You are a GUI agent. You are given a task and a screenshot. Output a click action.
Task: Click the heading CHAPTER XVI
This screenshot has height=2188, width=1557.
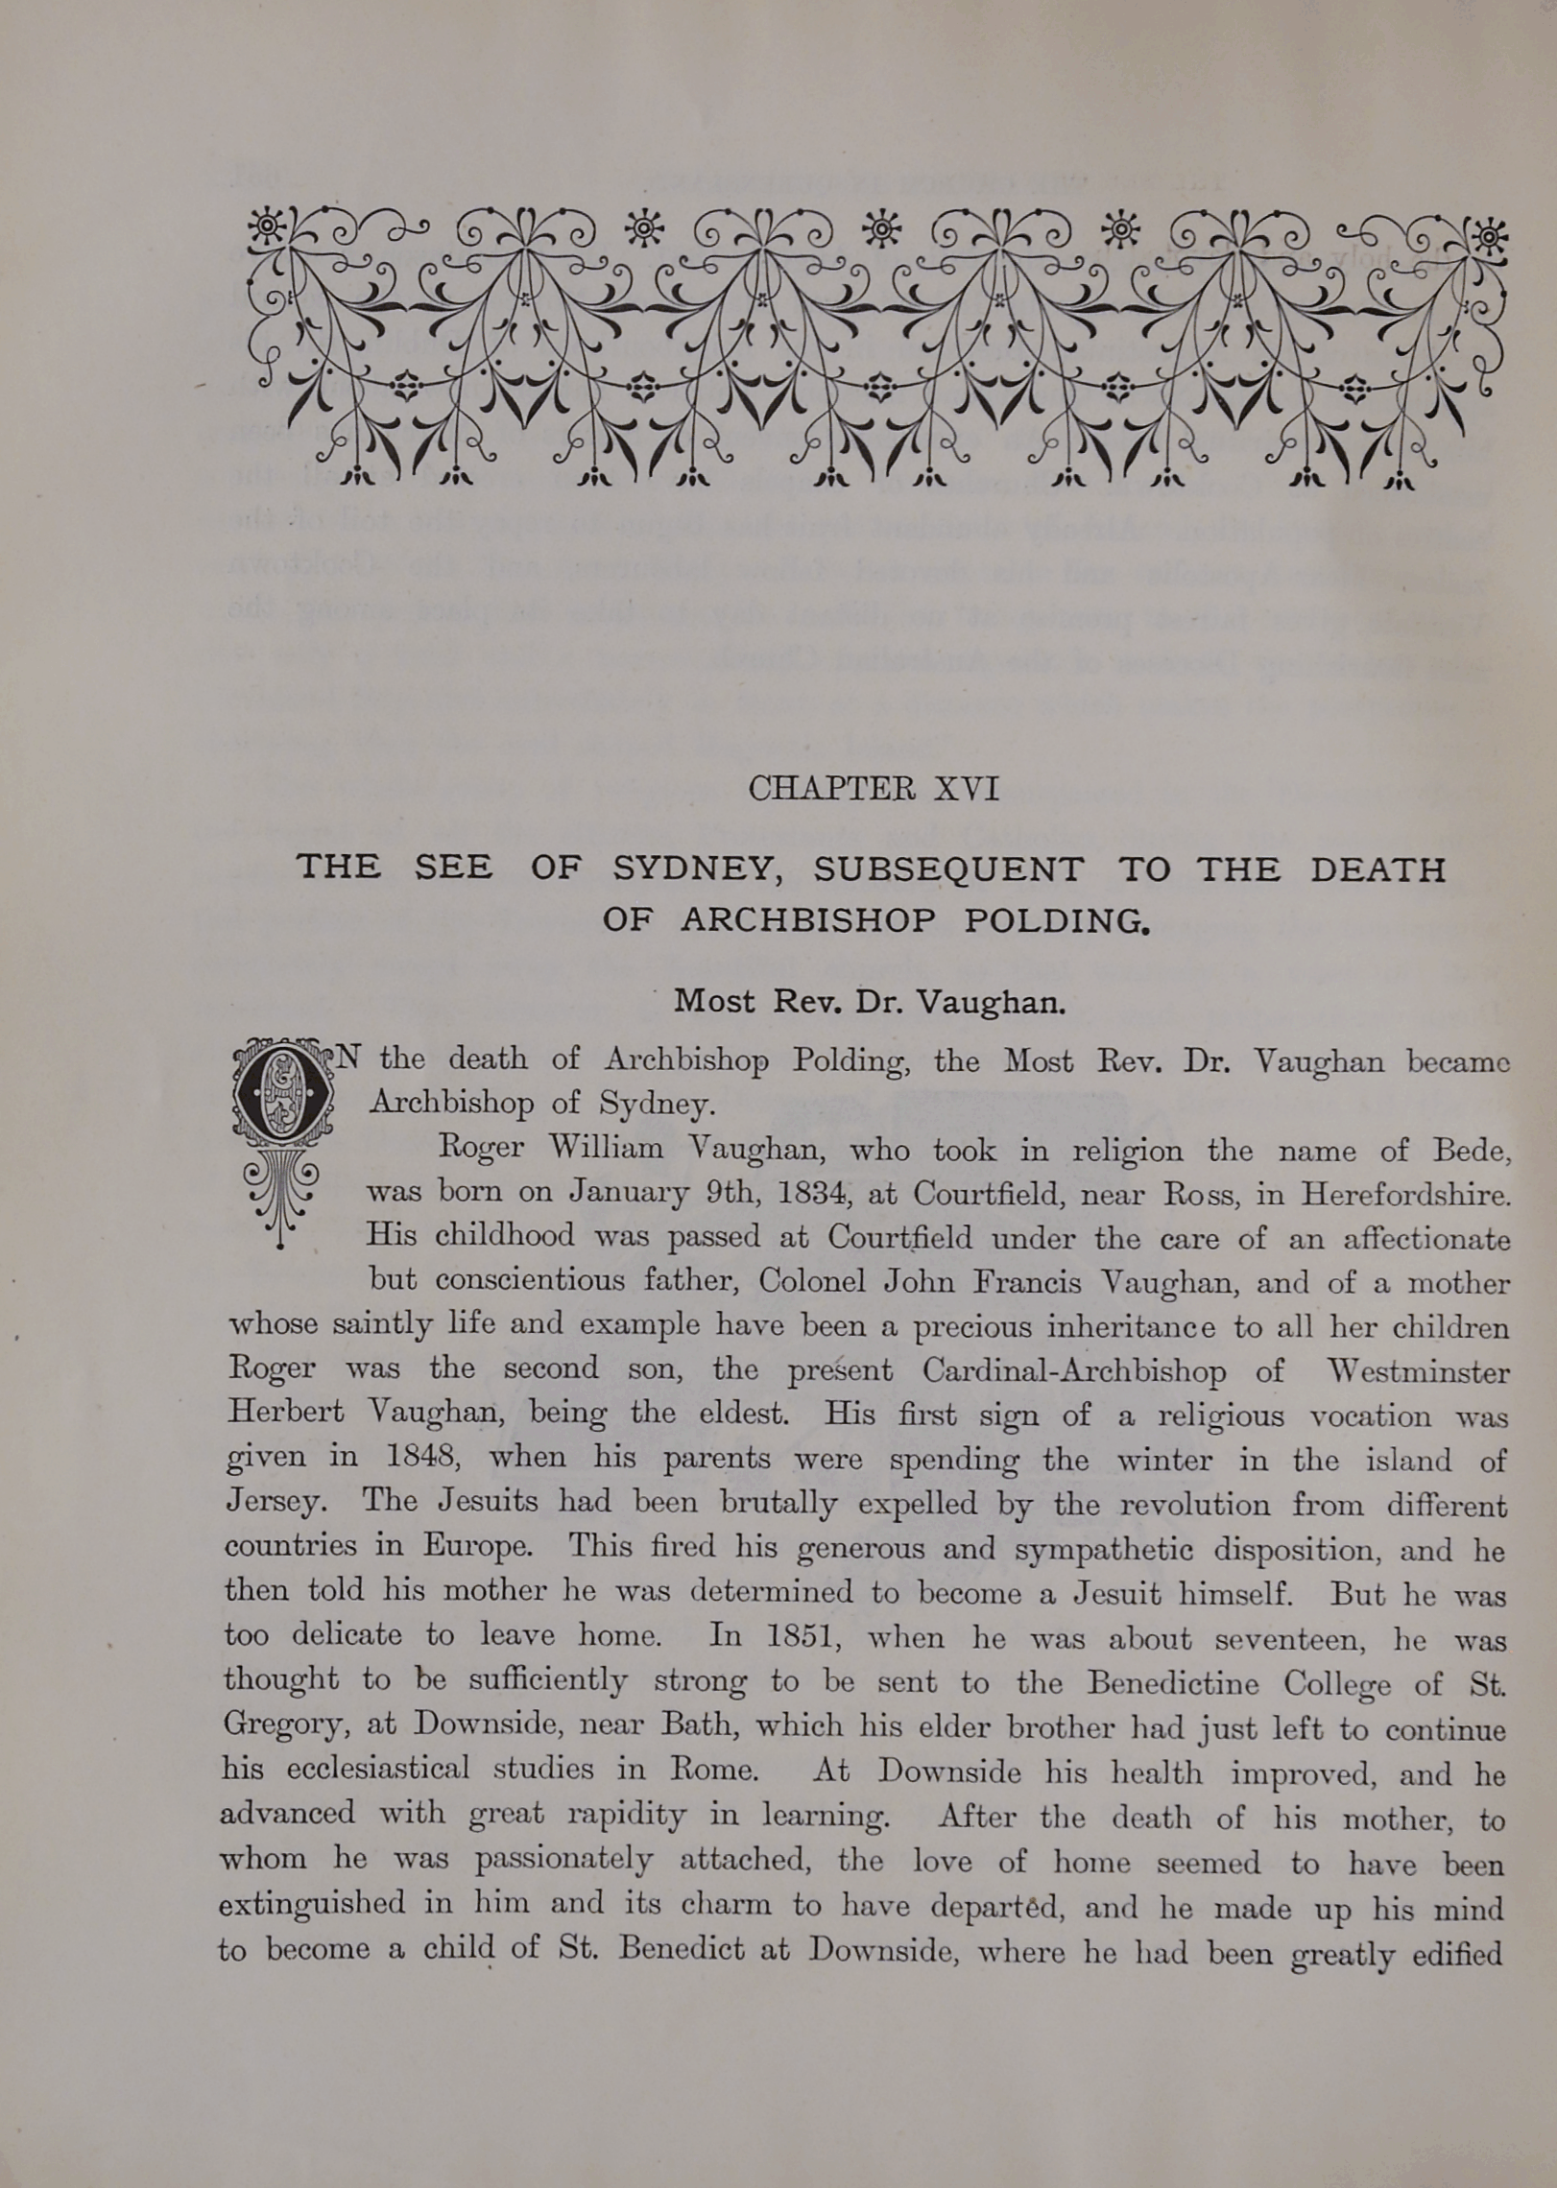click(x=873, y=789)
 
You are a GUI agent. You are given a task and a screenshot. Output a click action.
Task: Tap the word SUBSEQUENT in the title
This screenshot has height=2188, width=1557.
click(x=948, y=869)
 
